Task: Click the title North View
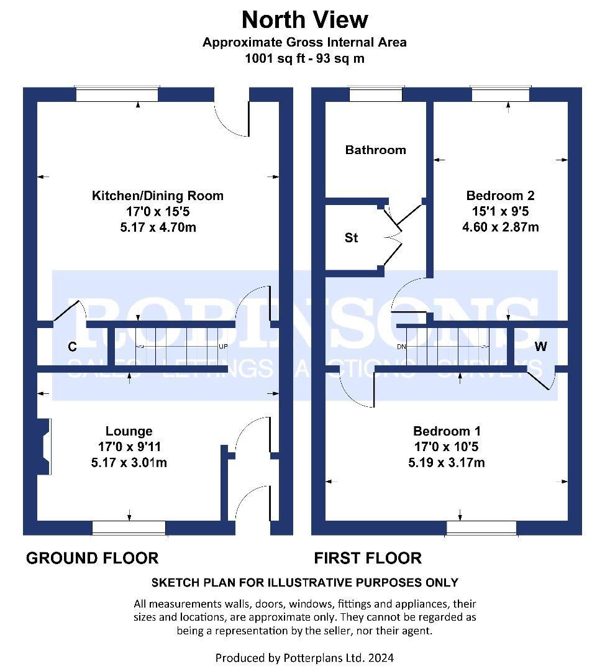(304, 20)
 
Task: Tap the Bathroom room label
(375, 150)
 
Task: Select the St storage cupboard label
(351, 237)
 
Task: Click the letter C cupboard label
(72, 346)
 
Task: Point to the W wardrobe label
(540, 346)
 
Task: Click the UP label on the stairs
(223, 346)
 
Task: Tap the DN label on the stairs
(401, 347)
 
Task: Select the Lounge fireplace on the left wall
(44, 446)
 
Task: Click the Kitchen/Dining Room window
(117, 94)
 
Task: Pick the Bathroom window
(376, 94)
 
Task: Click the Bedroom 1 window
(481, 527)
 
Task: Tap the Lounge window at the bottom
(129, 527)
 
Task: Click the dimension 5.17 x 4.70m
(158, 227)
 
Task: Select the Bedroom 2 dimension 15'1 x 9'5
(501, 211)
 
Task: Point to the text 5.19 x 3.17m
(447, 462)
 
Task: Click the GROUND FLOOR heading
(93, 558)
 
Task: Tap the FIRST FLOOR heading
(368, 558)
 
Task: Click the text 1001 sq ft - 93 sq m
(304, 58)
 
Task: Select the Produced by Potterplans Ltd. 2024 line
(304, 658)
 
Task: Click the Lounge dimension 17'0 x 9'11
(129, 446)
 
